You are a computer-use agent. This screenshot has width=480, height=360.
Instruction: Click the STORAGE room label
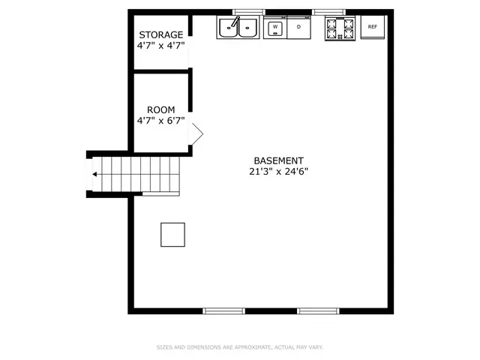pos(161,34)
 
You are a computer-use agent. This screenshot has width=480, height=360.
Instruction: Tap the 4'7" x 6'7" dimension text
pos(161,121)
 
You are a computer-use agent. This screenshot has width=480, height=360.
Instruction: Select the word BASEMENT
pos(278,160)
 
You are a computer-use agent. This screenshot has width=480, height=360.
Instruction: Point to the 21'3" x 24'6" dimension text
pos(278,172)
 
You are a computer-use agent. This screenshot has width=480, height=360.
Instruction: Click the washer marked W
pos(275,28)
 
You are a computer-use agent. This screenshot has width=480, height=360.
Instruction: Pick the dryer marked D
pos(298,28)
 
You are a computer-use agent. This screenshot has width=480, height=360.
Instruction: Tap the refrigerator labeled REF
pos(373,27)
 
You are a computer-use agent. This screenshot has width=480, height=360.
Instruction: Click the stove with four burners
pos(340,28)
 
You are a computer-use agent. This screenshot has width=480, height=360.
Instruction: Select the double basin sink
pos(238,28)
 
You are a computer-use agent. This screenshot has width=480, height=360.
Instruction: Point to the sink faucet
pos(235,22)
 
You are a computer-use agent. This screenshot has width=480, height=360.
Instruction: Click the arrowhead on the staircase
pos(94,174)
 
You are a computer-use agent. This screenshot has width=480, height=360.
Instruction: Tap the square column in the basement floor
pos(173,235)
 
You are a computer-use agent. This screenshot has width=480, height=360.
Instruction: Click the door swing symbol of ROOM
pos(196,133)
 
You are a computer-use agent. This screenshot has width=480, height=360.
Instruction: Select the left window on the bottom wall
pos(223,311)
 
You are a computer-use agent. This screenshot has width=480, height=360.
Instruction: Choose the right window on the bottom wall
pos(318,311)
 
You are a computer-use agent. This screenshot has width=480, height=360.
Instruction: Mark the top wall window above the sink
pos(248,12)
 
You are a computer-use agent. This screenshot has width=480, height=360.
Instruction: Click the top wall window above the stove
pos(328,12)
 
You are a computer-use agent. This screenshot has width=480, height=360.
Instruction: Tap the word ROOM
pos(161,110)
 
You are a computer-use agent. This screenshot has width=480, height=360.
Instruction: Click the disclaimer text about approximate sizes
pos(240,347)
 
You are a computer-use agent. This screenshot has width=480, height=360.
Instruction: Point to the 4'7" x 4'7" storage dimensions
pos(161,46)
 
